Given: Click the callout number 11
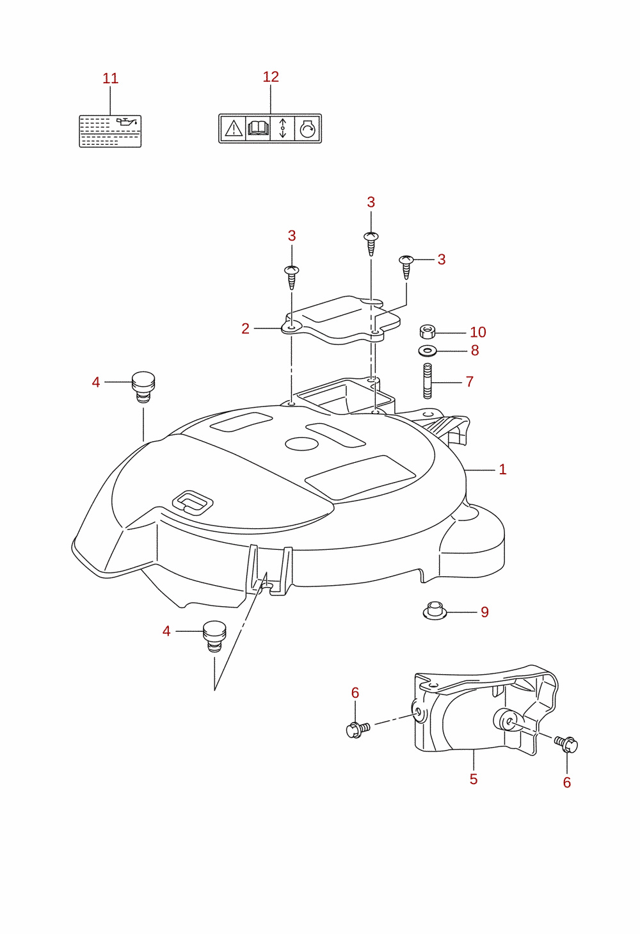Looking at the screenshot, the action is (111, 78).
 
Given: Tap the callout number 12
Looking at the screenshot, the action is (271, 77).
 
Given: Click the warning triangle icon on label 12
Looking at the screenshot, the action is (234, 128).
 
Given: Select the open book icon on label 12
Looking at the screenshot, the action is (258, 128).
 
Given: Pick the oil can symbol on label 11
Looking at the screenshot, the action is (127, 122).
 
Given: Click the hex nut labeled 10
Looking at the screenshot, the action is (428, 332).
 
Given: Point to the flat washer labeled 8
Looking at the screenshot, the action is (428, 351).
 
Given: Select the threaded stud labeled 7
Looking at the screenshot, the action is (428, 381).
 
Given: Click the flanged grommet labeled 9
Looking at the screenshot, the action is (435, 611).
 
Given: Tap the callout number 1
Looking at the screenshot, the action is (502, 469).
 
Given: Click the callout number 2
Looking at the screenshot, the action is (245, 328).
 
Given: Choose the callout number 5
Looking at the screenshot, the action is (473, 779).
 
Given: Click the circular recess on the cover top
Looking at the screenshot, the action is (301, 444).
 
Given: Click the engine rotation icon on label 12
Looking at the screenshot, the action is (308, 128).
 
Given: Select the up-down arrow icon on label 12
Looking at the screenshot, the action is (283, 128).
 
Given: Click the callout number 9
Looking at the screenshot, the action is (484, 612).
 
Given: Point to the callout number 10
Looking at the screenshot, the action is (478, 332).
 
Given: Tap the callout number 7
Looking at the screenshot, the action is (470, 382).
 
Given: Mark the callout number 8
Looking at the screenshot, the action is (475, 351).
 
